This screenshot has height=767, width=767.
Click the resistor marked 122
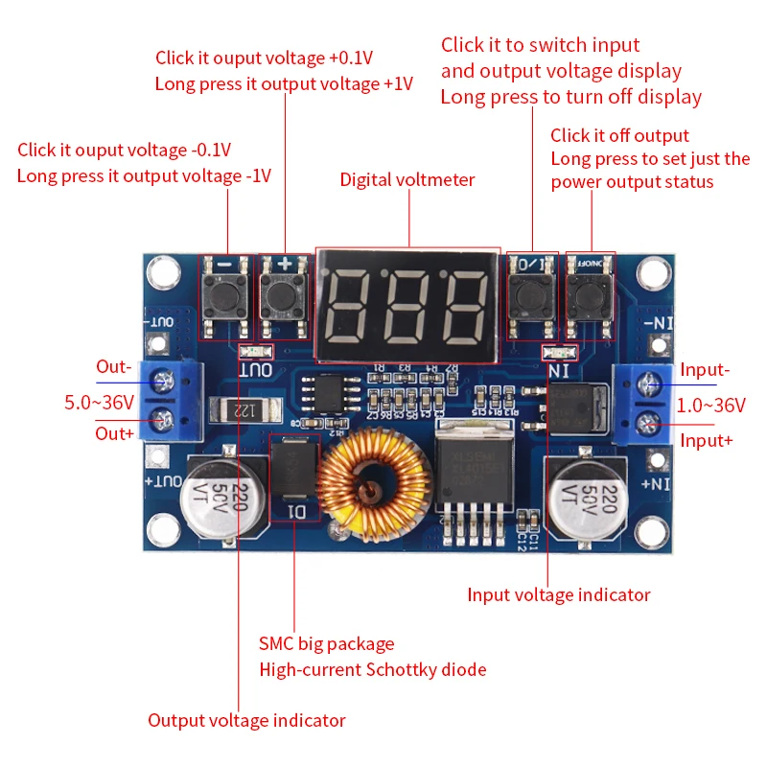(242, 411)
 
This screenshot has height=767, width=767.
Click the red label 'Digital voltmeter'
(407, 180)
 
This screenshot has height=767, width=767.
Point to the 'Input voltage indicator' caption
(558, 595)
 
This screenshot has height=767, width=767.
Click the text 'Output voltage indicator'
(246, 720)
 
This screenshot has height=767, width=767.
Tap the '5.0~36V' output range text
(99, 403)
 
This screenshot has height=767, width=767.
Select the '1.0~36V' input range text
(710, 406)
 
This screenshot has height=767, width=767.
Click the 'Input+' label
(707, 440)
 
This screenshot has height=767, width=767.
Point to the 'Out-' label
(113, 367)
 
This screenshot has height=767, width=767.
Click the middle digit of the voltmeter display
(407, 306)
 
